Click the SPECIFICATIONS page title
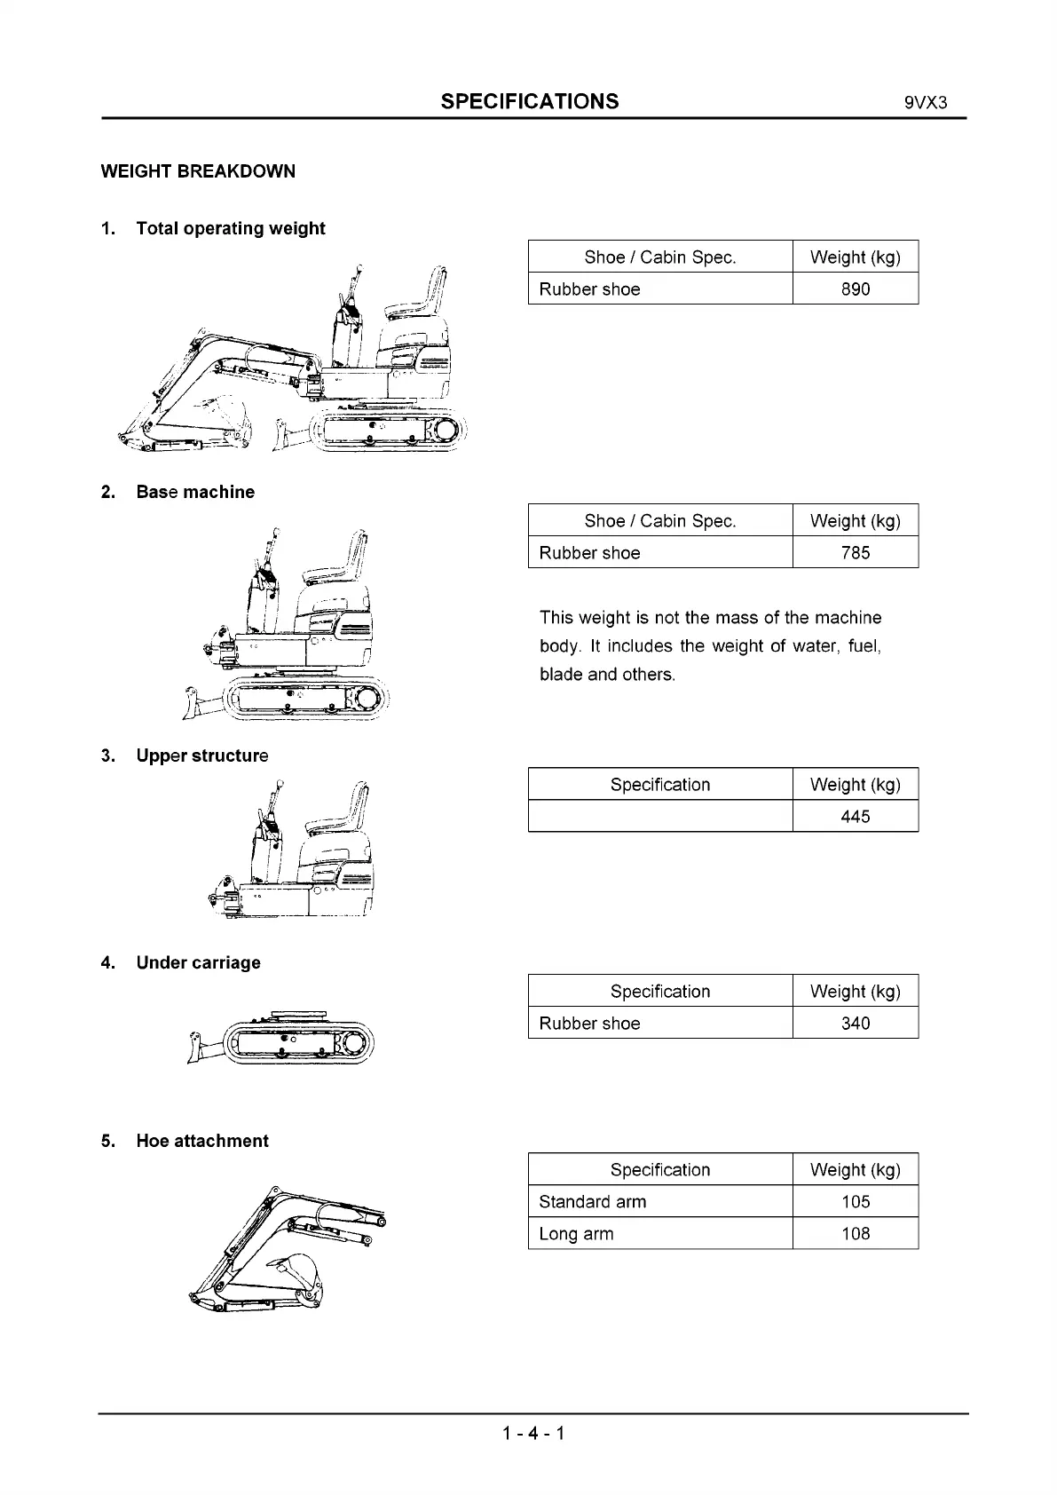[x=530, y=101]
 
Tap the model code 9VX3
[x=926, y=102]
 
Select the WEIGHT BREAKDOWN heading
[x=198, y=171]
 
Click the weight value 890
[x=855, y=289]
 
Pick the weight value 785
[x=855, y=552]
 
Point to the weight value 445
[x=855, y=816]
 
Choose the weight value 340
[x=855, y=1023]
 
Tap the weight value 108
[x=855, y=1233]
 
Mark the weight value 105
[x=855, y=1201]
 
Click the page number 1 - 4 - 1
[x=532, y=1433]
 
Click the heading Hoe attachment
[x=201, y=1141]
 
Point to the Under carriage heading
[x=198, y=962]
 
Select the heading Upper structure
[x=201, y=755]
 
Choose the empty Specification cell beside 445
[x=659, y=816]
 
